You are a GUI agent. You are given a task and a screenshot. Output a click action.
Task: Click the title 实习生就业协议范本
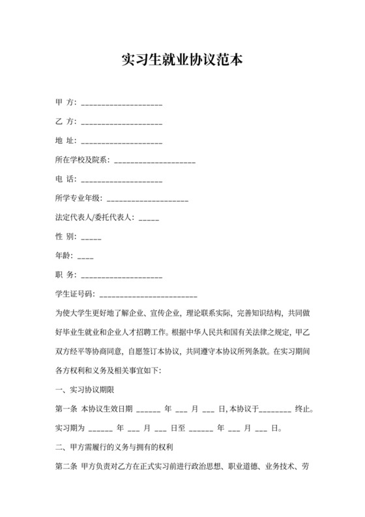pyautogui.click(x=182, y=61)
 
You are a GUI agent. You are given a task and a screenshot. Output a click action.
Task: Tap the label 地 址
pyautogui.click(x=66, y=140)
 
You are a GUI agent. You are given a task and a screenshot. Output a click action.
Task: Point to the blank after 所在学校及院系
pyautogui.click(x=154, y=161)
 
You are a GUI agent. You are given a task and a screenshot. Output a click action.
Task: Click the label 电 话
pyautogui.click(x=66, y=178)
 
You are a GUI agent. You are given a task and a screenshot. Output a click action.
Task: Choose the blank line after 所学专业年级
pyautogui.click(x=147, y=199)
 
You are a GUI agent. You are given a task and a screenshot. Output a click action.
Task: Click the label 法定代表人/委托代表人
pyautogui.click(x=95, y=217)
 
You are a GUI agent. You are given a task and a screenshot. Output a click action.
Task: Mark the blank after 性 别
pyautogui.click(x=92, y=237)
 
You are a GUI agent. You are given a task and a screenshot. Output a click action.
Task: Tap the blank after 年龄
pyautogui.click(x=85, y=256)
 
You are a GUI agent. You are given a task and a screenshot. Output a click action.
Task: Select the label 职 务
pyautogui.click(x=66, y=274)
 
